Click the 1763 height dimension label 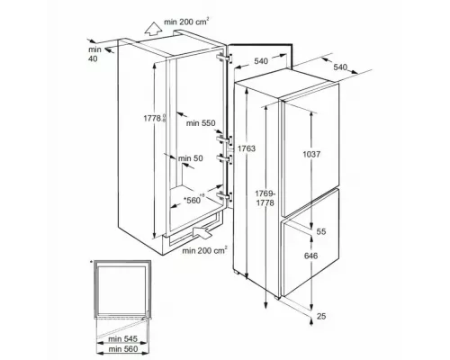pos(247,148)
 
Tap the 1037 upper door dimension pos(311,155)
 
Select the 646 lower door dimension pos(310,256)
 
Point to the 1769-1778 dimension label pos(265,198)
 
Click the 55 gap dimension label pos(321,231)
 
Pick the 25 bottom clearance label pos(321,316)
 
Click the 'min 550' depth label pos(201,123)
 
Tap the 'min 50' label pos(191,158)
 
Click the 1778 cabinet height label pos(154,118)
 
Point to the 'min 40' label pos(94,54)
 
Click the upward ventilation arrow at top pos(153,28)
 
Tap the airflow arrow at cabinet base pos(202,231)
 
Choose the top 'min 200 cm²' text pos(186,22)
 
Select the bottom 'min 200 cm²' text pos(204,250)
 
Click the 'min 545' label pos(122,339)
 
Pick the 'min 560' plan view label pos(123,349)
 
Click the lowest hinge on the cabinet pos(224,196)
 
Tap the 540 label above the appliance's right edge pos(340,67)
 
